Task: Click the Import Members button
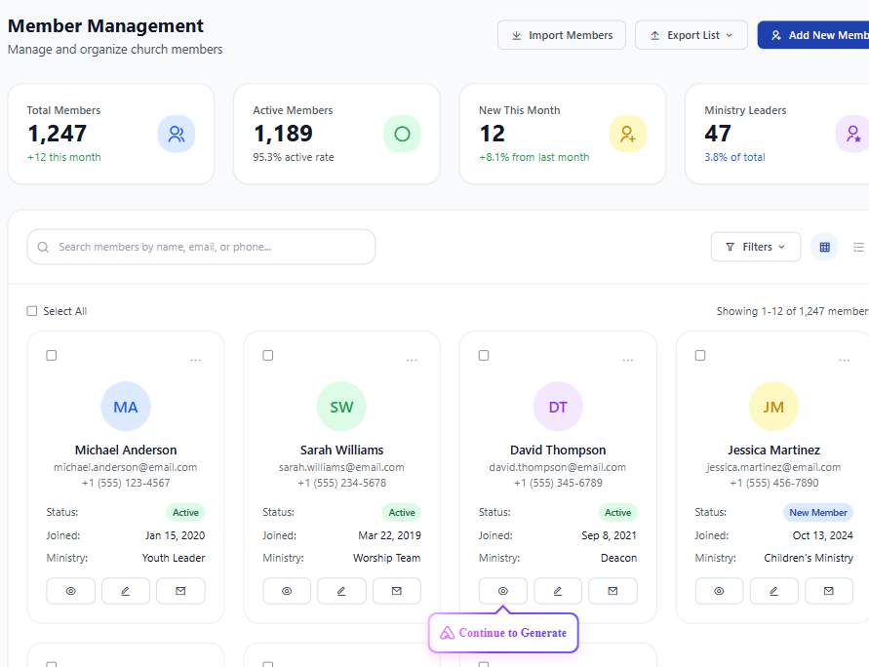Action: click(562, 35)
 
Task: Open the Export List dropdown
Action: click(691, 35)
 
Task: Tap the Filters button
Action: click(756, 247)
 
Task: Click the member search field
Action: click(201, 247)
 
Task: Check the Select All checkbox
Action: click(32, 311)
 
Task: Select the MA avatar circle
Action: click(126, 406)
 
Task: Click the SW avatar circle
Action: click(341, 406)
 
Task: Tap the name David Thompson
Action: click(558, 450)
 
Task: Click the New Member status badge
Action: click(818, 512)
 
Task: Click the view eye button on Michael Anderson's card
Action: click(71, 591)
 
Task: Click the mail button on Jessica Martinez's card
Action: click(829, 591)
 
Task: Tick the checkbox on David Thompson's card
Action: click(484, 355)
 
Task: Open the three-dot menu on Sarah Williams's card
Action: click(412, 360)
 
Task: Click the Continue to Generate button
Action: click(503, 633)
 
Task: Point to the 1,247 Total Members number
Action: click(58, 134)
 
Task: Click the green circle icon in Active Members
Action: click(403, 134)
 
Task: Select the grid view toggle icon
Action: click(825, 247)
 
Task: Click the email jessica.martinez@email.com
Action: click(773, 467)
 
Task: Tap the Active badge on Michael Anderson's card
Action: click(185, 512)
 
